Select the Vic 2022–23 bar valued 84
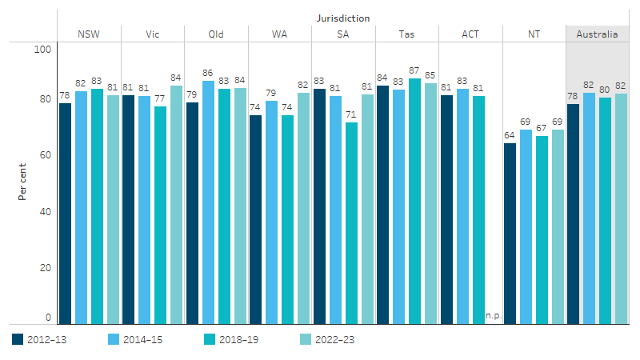pos(176,205)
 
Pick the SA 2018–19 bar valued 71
pos(351,222)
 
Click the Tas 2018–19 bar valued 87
pos(414,201)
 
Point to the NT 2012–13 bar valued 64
pos(510,233)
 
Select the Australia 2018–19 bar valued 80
pos(605,210)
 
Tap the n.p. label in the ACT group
pos(493,315)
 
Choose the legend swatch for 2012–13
pos(18,339)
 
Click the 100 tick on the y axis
pos(42,49)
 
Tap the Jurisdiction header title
pos(342,18)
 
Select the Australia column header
pos(597,34)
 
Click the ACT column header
pos(470,34)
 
